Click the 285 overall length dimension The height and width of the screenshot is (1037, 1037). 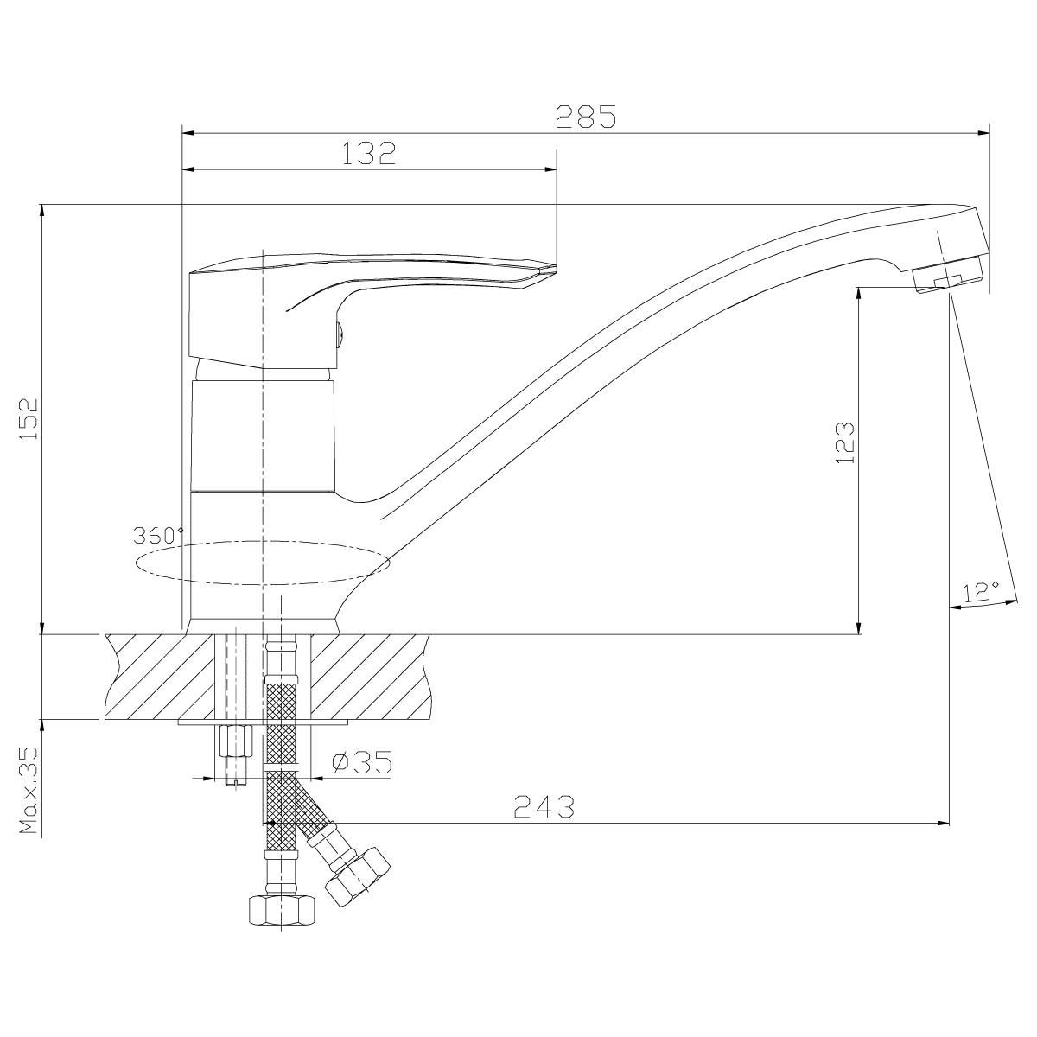[x=586, y=117]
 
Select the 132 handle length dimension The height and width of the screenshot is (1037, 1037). [x=369, y=153]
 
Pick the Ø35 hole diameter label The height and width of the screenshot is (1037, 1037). [x=361, y=762]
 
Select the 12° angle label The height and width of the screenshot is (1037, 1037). [x=980, y=592]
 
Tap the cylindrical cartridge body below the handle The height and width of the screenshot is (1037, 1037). [x=264, y=436]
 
